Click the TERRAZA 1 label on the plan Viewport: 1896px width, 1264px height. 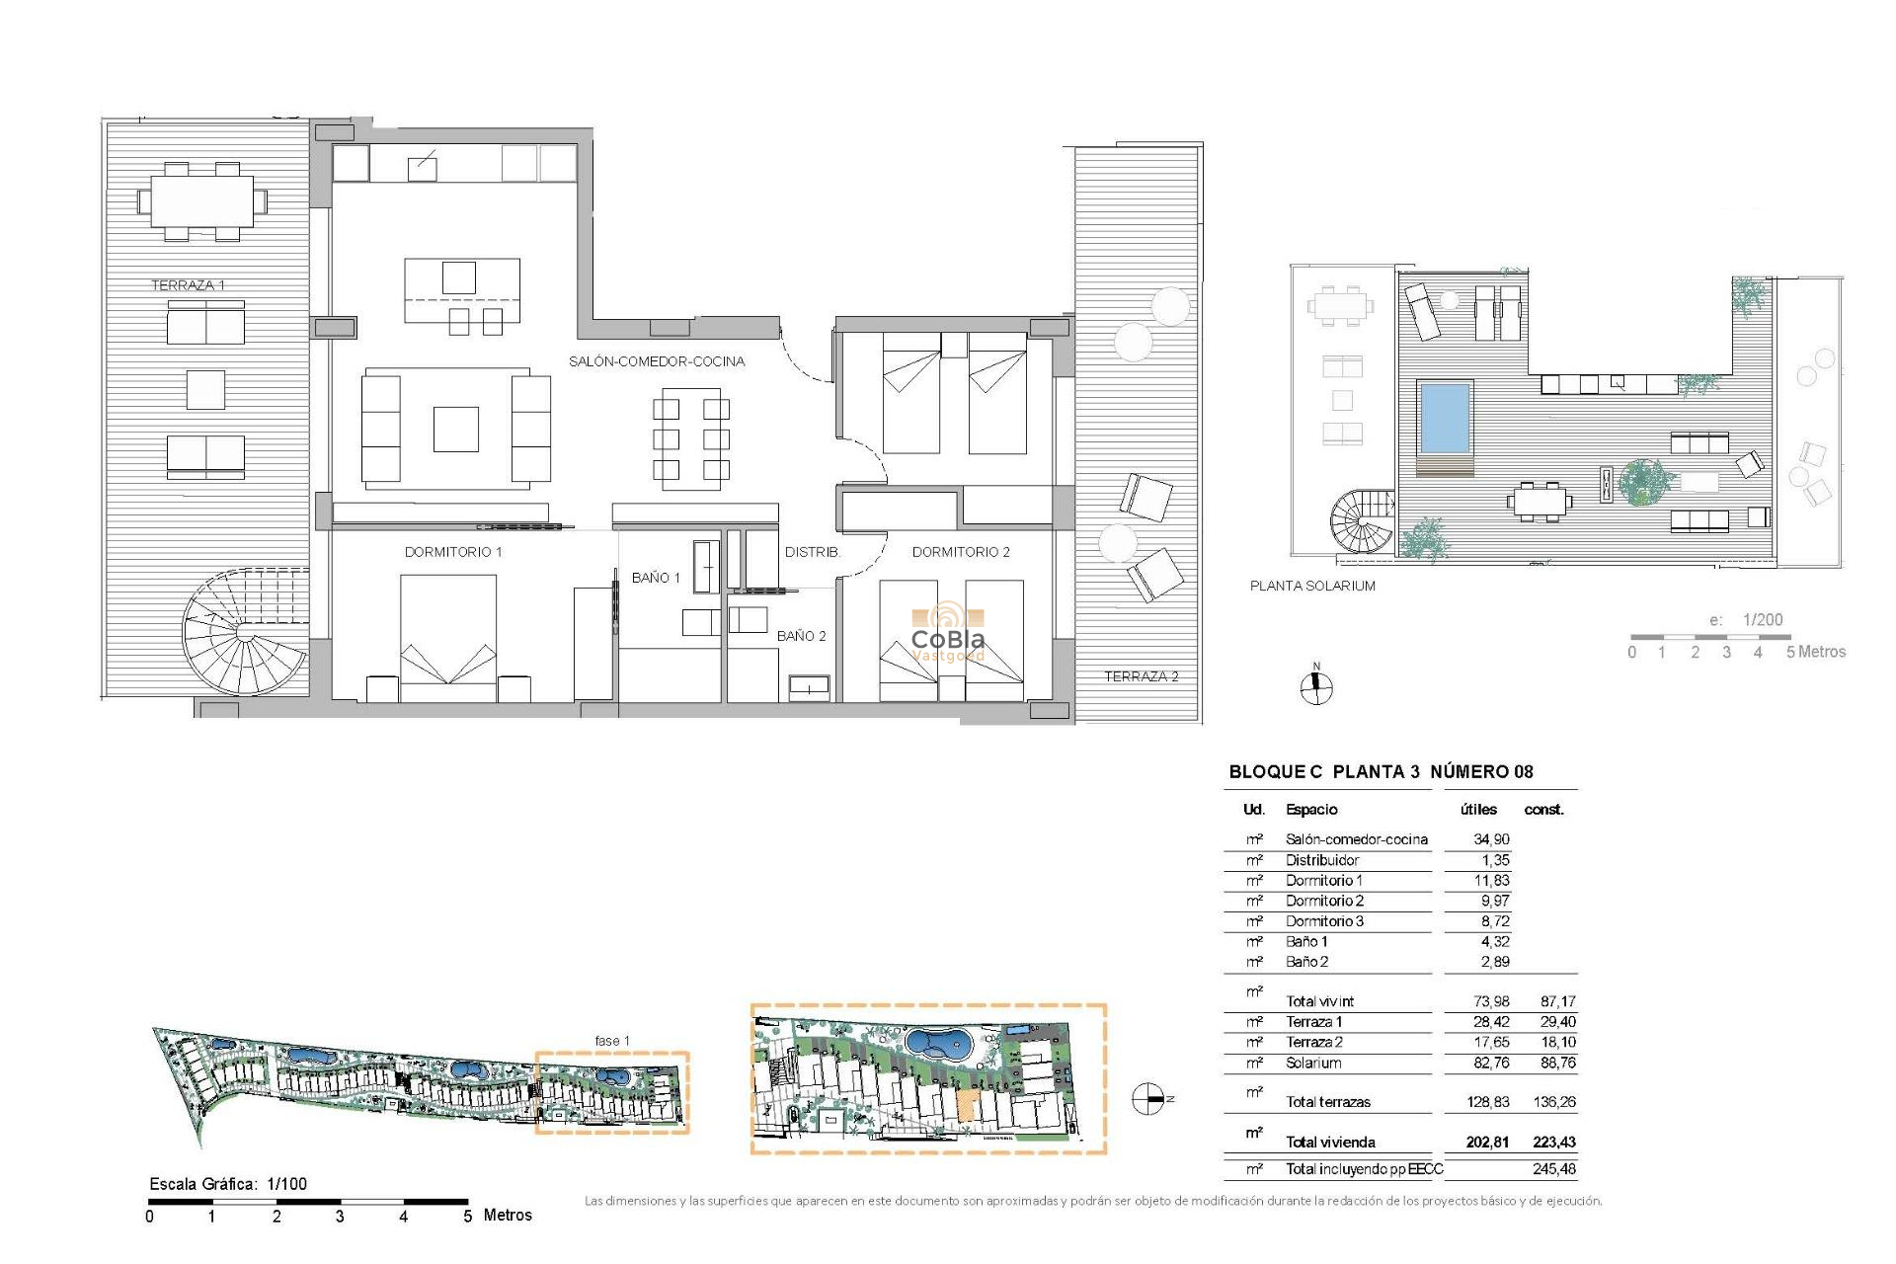coord(188,285)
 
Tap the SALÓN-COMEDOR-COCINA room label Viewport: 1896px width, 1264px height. coord(657,361)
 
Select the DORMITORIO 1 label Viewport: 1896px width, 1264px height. coord(453,552)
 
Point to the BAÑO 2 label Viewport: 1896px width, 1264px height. coord(801,636)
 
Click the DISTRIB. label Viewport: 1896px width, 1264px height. coord(812,552)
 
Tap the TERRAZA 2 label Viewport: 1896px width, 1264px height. coord(1141,676)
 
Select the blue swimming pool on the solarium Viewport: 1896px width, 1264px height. coord(1444,416)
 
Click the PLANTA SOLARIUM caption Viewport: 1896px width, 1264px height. coord(1312,586)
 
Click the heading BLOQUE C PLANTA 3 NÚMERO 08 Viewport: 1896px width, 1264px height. coord(1381,772)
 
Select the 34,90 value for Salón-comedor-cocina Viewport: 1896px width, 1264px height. coord(1491,839)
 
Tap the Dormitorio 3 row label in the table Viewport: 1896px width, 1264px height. coord(1324,921)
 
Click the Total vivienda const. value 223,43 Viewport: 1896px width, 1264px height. coord(1553,1143)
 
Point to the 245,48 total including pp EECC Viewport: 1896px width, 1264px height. coord(1553,1169)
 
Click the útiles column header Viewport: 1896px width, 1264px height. coord(1478,810)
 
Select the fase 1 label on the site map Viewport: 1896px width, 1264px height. coord(611,1041)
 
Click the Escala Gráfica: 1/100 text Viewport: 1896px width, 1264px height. coord(228,1184)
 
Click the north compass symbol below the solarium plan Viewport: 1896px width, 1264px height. coord(1315,686)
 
